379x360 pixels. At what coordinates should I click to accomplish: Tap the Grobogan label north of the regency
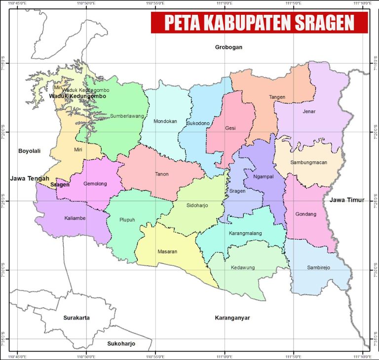pyautogui.click(x=229, y=47)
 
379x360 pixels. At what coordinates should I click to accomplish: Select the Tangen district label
pyautogui.click(x=277, y=97)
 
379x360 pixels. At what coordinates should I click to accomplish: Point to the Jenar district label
pyautogui.click(x=308, y=111)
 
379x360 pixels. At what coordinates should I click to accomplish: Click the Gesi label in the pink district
pyautogui.click(x=230, y=128)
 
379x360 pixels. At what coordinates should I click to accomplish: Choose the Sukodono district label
pyautogui.click(x=198, y=123)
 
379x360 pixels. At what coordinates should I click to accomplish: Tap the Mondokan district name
pyautogui.click(x=165, y=121)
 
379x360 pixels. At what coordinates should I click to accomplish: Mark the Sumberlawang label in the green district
pyautogui.click(x=127, y=116)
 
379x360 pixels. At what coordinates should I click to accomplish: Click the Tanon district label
pyautogui.click(x=161, y=174)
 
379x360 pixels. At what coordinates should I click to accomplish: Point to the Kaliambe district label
pyautogui.click(x=76, y=218)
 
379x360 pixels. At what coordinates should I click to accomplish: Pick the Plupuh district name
pyautogui.click(x=127, y=220)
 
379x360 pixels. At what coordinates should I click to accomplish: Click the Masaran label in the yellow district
pyautogui.click(x=167, y=252)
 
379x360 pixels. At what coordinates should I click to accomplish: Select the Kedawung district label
pyautogui.click(x=243, y=268)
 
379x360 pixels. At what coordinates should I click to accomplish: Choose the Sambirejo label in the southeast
pyautogui.click(x=318, y=268)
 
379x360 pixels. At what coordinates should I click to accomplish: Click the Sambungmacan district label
pyautogui.click(x=308, y=162)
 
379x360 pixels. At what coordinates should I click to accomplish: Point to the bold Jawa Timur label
pyautogui.click(x=346, y=200)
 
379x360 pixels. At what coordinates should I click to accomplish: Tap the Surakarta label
pyautogui.click(x=76, y=318)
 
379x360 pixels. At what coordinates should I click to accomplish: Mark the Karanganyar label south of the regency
pyautogui.click(x=232, y=318)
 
